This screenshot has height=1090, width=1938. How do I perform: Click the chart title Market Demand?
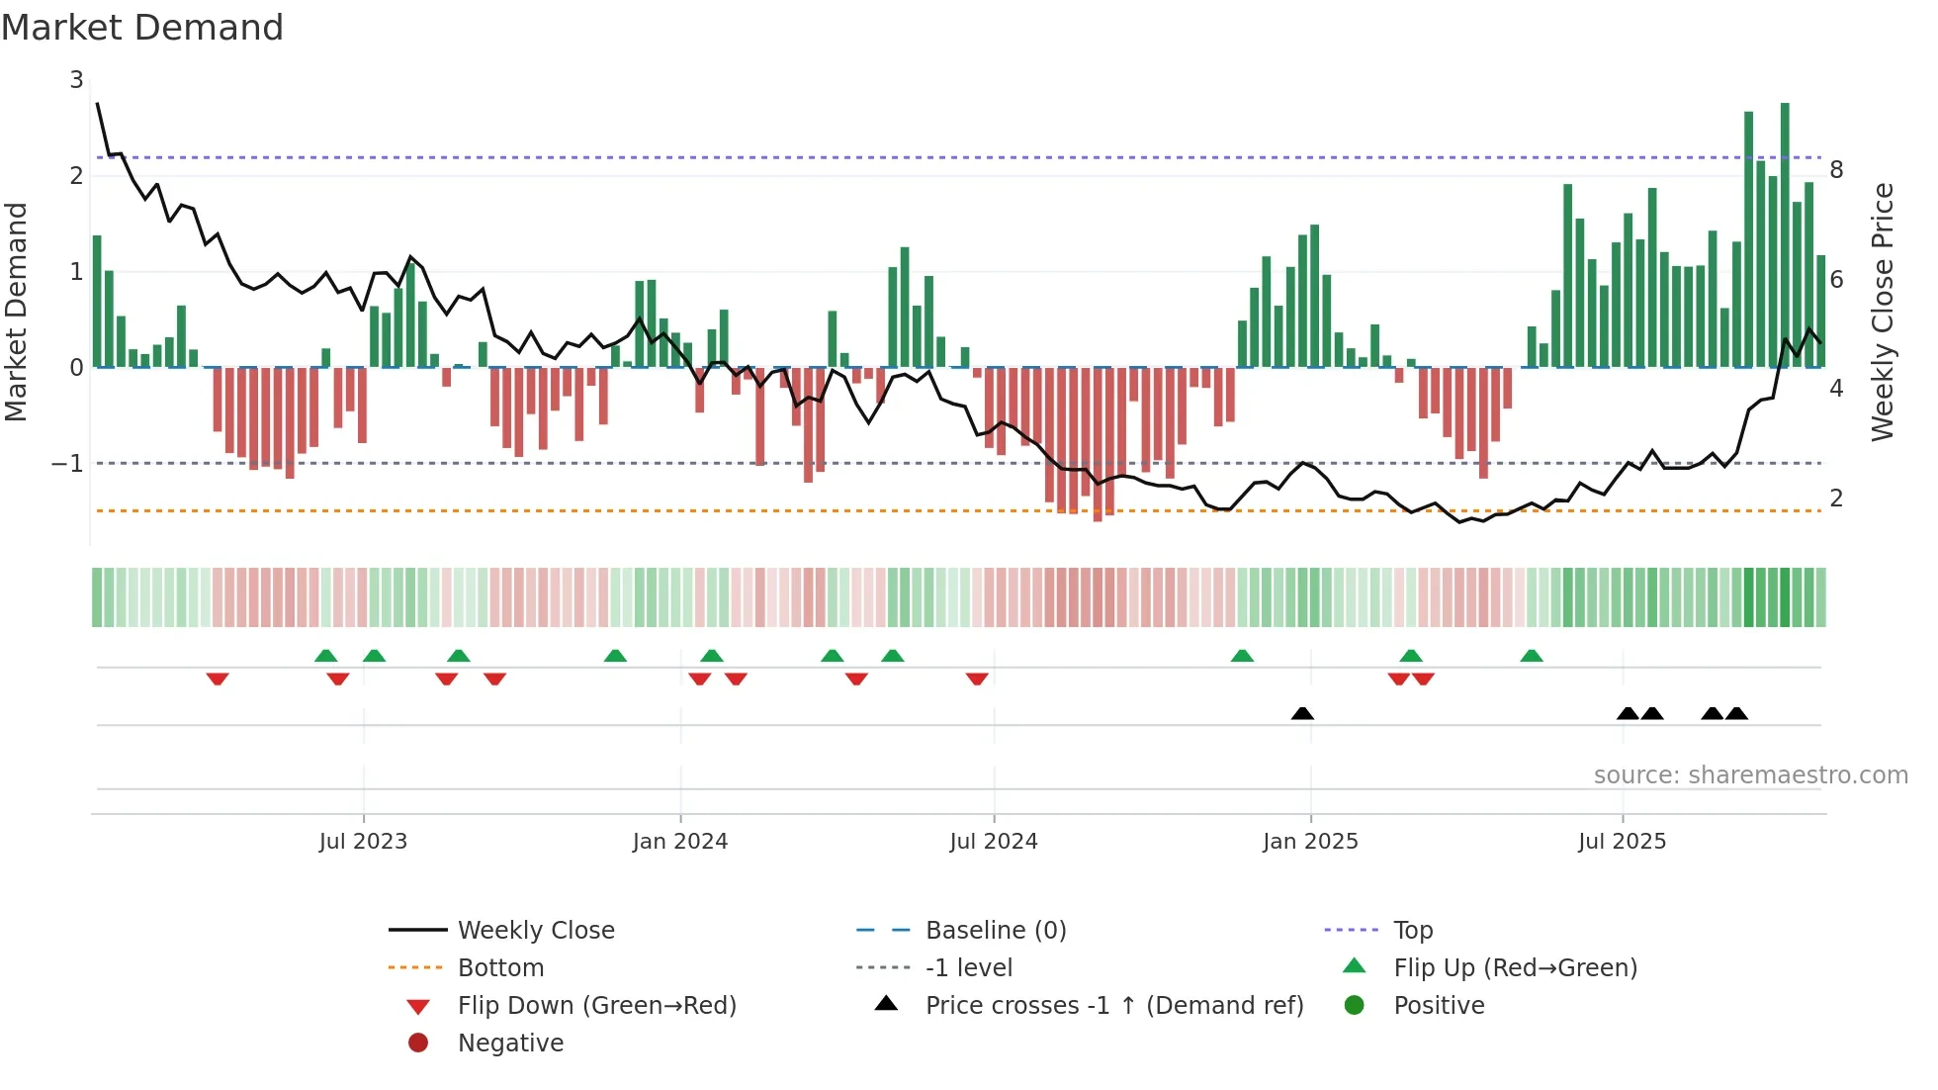tap(142, 28)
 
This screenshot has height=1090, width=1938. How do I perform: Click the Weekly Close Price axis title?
tap(1883, 312)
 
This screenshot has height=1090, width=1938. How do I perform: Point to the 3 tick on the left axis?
tap(76, 80)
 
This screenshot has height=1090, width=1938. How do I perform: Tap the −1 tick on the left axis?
tap(68, 463)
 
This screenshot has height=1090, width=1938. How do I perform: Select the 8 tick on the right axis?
tap(1836, 170)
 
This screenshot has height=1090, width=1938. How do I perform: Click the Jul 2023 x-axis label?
tap(363, 842)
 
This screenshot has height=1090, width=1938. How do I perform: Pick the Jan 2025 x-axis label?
tap(1310, 842)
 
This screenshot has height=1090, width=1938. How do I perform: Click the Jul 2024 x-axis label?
tap(994, 842)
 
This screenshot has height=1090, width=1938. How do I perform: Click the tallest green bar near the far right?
tap(1785, 237)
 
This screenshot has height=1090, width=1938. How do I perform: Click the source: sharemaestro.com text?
tap(1750, 775)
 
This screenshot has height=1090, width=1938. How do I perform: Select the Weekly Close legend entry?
tap(535, 931)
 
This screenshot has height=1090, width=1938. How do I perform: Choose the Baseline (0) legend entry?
tap(995, 931)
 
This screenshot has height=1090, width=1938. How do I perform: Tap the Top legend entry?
tap(1413, 931)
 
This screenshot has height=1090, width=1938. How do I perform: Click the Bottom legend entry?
tap(500, 968)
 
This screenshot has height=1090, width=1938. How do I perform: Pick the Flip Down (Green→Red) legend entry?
tap(596, 1006)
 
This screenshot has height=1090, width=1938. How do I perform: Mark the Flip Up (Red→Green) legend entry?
tap(1515, 968)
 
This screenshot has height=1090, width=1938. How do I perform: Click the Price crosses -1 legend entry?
tap(1113, 1006)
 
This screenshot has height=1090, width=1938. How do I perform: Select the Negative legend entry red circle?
tap(418, 1044)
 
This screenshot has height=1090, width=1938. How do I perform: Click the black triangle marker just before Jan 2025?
tap(1302, 713)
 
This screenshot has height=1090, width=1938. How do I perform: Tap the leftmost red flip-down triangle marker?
tap(218, 679)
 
